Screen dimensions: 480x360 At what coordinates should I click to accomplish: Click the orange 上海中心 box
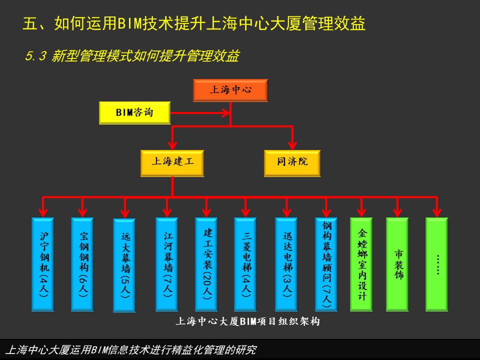tap(230, 90)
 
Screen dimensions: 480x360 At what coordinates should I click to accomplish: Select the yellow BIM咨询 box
tap(134, 112)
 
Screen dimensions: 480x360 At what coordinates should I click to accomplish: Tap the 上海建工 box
tap(172, 163)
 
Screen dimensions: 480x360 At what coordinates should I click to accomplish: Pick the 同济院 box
tap(292, 163)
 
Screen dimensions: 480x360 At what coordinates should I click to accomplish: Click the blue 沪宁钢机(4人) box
tap(43, 264)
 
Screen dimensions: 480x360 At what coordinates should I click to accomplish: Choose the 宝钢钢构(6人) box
tap(82, 264)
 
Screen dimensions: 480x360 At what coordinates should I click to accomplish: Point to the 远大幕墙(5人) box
tap(124, 265)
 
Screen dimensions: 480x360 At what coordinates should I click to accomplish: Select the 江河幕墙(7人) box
tap(167, 264)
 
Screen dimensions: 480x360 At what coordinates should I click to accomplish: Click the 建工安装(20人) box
tap(206, 264)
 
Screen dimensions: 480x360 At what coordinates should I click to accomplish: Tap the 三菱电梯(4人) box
tap(245, 264)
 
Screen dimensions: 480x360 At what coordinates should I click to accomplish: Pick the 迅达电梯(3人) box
tap(286, 264)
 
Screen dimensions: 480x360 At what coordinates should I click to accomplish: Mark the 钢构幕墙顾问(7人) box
tap(326, 264)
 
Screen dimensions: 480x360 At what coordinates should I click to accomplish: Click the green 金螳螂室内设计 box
tap(361, 264)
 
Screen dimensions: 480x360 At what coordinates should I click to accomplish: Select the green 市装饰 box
tap(397, 264)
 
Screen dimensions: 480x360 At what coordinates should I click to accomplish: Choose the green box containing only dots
tap(437, 264)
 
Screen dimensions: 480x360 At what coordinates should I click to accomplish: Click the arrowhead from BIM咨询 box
tap(226, 113)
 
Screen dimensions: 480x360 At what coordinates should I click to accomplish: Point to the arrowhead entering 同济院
tap(292, 145)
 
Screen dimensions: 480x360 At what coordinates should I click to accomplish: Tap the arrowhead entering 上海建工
tap(172, 145)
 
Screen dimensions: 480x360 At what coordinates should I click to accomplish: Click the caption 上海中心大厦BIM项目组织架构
tap(247, 321)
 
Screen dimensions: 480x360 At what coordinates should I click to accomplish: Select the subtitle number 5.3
tap(35, 56)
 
